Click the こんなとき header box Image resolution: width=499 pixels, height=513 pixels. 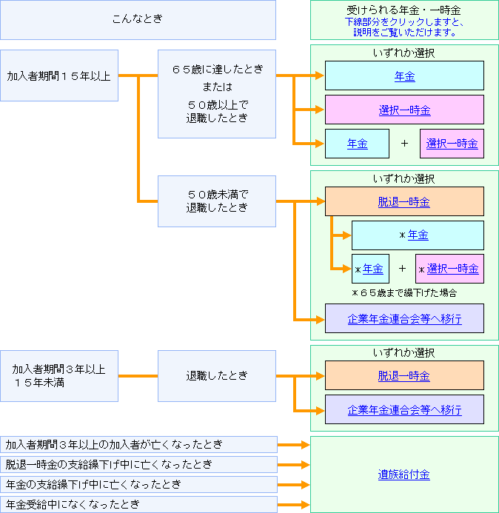point(138,19)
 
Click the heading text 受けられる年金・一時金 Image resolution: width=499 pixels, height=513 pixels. point(404,10)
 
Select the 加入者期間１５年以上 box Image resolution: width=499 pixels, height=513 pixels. point(59,76)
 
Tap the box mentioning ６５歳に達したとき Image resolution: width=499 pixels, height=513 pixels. point(217,94)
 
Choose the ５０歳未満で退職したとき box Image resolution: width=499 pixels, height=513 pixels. point(217,201)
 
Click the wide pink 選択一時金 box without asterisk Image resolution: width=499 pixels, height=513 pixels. point(404,110)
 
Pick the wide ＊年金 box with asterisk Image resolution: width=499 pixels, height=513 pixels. point(418,235)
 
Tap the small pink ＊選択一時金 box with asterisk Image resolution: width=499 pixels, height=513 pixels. point(449,269)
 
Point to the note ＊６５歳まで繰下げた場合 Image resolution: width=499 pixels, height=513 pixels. point(404,292)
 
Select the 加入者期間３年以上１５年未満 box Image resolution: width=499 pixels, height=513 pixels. point(59,376)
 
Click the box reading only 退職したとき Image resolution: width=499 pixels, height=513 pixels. point(217,376)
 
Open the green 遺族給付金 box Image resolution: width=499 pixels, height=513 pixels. point(404,475)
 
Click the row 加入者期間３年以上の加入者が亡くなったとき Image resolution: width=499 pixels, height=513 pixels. point(138,445)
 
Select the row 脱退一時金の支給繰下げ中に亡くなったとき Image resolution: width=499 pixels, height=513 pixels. point(138,465)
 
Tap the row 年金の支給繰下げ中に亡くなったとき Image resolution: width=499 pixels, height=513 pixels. point(138,485)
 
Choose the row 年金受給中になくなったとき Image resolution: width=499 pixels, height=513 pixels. point(138,505)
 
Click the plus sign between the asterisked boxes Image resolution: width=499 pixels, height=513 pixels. point(402,269)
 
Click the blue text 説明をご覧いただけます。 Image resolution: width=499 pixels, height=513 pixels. point(404,33)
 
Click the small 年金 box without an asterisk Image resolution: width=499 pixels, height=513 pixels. point(357,144)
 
